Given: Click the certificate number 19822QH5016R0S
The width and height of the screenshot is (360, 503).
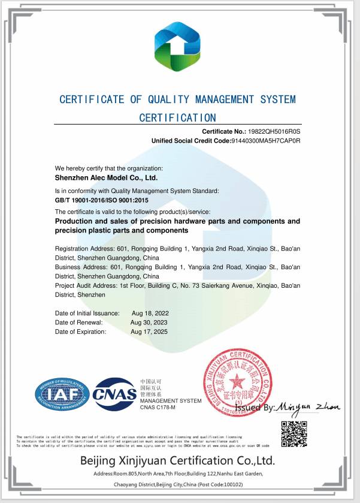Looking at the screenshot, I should point(274,131).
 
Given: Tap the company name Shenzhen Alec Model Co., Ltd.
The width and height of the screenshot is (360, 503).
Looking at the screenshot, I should point(106,178).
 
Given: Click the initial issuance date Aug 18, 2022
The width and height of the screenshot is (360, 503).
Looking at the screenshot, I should point(150,313).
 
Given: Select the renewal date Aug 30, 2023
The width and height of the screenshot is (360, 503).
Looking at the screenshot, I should point(150,322).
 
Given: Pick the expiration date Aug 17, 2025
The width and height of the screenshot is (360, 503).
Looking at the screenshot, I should point(150,331).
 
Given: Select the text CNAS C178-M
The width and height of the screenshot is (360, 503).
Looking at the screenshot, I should point(158,408).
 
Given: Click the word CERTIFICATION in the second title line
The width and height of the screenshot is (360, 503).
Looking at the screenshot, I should point(177,118).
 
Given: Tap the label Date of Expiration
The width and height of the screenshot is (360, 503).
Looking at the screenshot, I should point(80,331).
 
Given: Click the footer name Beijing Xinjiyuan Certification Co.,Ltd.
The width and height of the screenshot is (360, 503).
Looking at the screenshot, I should point(177,460).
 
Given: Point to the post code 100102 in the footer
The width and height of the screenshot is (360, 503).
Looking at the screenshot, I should point(231,484).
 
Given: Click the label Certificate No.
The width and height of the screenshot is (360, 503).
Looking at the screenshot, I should point(223,131).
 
